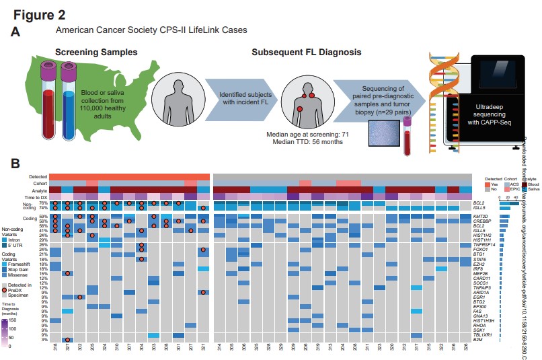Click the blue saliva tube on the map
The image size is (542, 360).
pyautogui.click(x=69, y=101)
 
